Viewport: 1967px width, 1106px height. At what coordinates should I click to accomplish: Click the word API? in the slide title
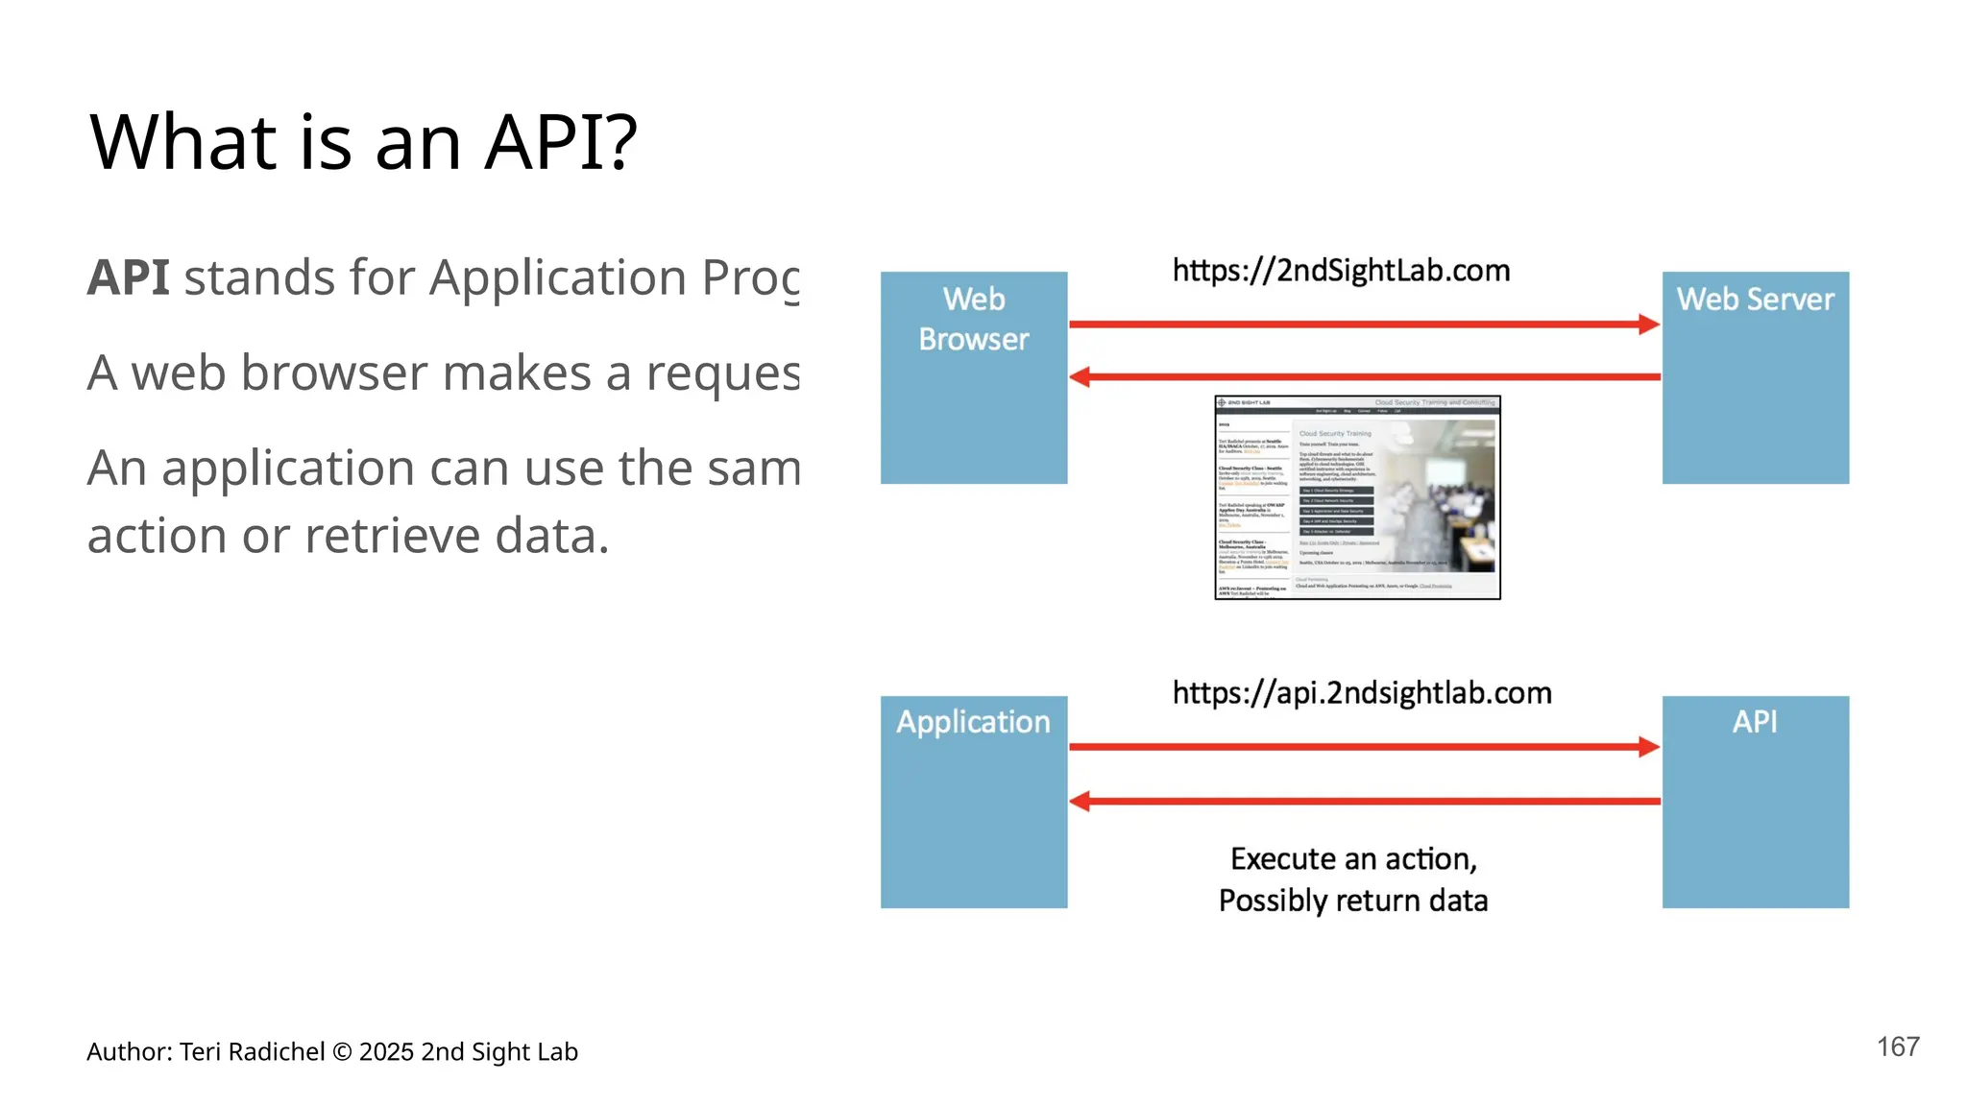tap(560, 142)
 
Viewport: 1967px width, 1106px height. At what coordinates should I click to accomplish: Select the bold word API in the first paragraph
tap(128, 278)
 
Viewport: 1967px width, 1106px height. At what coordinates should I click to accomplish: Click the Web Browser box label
tap(973, 319)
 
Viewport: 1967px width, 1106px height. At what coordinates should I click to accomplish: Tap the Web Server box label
tap(1755, 300)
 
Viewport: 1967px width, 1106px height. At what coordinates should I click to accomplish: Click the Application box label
tap(973, 722)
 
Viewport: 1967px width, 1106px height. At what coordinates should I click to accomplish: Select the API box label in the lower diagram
tap(1754, 722)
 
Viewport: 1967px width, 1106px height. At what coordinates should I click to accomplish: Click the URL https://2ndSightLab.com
tap(1341, 271)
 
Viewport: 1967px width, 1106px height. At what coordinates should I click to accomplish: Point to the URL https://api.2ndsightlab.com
tap(1361, 693)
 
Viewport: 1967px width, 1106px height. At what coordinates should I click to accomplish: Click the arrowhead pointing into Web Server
tap(1649, 325)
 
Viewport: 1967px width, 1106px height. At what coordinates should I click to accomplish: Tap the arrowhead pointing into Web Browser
tap(1081, 377)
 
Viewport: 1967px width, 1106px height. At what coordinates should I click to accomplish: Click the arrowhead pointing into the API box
tap(1649, 747)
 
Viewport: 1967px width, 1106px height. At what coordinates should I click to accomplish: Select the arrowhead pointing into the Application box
tap(1081, 801)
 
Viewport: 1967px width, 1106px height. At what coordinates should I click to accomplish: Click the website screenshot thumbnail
tap(1357, 497)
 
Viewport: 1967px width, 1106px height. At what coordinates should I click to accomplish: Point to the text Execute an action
tap(1352, 858)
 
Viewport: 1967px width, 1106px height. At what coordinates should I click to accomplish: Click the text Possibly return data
tap(1352, 901)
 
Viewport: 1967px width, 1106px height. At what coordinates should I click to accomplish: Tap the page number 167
tap(1898, 1046)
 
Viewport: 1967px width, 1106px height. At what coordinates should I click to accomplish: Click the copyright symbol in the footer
tap(342, 1052)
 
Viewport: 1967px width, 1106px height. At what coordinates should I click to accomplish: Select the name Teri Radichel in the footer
tap(252, 1052)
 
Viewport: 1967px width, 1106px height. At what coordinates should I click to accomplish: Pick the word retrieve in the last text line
tap(391, 536)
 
